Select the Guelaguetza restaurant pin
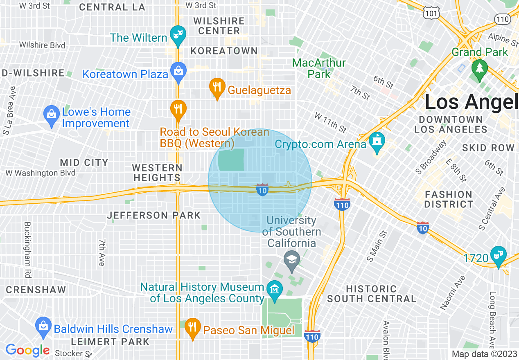(x=217, y=87)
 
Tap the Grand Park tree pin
(x=479, y=67)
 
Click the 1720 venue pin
(x=498, y=255)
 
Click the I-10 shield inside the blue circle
(x=262, y=190)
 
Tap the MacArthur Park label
(x=319, y=68)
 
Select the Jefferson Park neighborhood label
(x=154, y=215)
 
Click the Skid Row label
(x=488, y=148)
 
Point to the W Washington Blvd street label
(x=41, y=173)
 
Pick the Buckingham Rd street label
(x=27, y=250)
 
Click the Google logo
(x=27, y=351)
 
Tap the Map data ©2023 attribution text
(x=484, y=354)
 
